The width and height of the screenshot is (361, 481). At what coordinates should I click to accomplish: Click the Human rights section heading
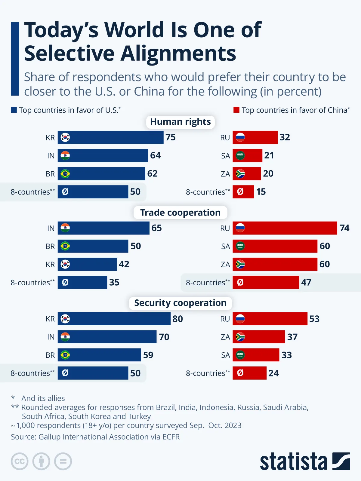tap(180, 122)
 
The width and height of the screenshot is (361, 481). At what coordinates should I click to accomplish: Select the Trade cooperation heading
tap(180, 213)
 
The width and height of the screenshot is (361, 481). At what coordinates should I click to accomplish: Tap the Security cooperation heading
tap(180, 303)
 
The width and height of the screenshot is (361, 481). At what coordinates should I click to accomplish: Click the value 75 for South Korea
tap(171, 137)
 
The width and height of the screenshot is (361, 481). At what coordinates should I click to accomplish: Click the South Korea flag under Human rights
tap(65, 137)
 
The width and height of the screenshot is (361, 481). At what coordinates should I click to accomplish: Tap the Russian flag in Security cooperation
tap(240, 319)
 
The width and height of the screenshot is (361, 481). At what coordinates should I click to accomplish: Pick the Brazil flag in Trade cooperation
tap(65, 246)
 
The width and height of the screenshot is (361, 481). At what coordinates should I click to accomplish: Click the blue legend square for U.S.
tap(14, 110)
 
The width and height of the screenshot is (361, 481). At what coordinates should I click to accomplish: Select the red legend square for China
tap(236, 110)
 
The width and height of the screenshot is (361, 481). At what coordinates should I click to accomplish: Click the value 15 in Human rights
tap(261, 192)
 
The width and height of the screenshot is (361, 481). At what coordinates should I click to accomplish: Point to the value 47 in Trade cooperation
tap(306, 282)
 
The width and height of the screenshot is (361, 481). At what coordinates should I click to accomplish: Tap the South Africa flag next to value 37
tap(240, 337)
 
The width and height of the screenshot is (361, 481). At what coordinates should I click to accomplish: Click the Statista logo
tap(305, 461)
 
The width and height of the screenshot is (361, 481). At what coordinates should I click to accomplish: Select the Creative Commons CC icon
tap(20, 461)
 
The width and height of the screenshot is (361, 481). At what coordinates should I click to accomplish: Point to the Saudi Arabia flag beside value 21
tap(240, 155)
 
